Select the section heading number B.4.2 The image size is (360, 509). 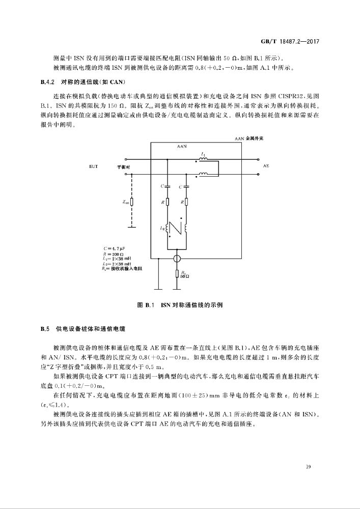[x=47, y=82]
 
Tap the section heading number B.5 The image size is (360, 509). [x=45, y=329]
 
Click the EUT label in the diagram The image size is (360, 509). [x=94, y=166]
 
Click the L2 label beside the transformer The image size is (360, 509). [x=162, y=229]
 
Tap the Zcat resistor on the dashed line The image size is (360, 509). [x=132, y=202]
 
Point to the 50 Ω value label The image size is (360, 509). [x=184, y=276]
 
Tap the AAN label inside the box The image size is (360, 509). [x=182, y=146]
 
